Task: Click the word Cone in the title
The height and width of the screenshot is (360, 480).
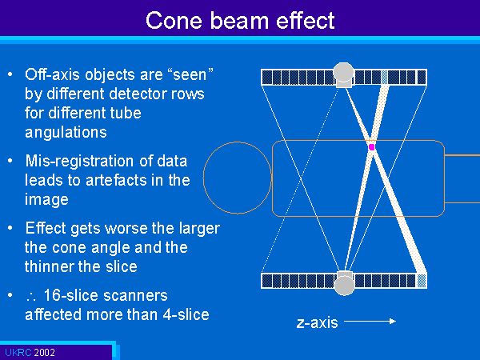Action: pyautogui.click(x=174, y=21)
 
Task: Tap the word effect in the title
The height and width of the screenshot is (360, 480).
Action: pyautogui.click(x=306, y=21)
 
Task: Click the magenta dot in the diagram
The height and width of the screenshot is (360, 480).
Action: pyautogui.click(x=372, y=147)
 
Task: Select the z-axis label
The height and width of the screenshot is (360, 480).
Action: pyautogui.click(x=317, y=322)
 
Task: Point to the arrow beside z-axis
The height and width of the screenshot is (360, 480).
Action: pyautogui.click(x=370, y=321)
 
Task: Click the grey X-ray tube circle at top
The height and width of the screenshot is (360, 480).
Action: pyautogui.click(x=343, y=72)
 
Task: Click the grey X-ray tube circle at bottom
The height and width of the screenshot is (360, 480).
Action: pyautogui.click(x=344, y=285)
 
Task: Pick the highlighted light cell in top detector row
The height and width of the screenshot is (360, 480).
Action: pyautogui.click(x=384, y=77)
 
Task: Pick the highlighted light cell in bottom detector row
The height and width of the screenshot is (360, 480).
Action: pyautogui.click(x=422, y=281)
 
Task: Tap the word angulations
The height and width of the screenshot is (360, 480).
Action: pyautogui.click(x=66, y=133)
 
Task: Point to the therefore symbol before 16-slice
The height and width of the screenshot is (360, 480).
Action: pyautogui.click(x=31, y=297)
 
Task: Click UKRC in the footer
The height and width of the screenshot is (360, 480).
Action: pyautogui.click(x=18, y=352)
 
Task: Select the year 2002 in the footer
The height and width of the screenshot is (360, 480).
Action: pyautogui.click(x=44, y=352)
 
